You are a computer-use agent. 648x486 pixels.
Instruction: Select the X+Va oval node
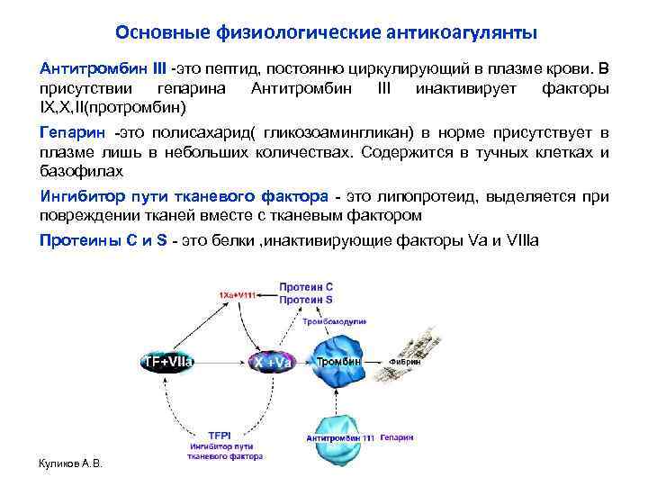pos(273,362)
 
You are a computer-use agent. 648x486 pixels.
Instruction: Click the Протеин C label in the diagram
pos(306,287)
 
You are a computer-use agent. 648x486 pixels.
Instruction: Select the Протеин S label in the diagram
pos(306,299)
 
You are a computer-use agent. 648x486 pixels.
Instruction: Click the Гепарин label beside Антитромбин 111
pos(397,436)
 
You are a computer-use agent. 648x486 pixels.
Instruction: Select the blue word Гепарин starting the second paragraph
pos(66,132)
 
